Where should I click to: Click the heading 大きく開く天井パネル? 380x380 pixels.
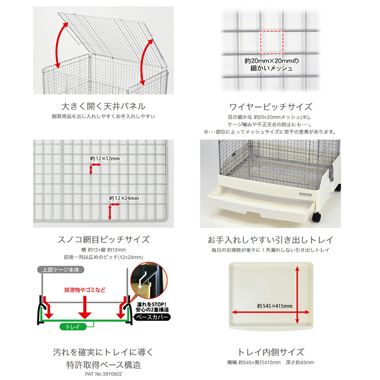(x=103, y=106)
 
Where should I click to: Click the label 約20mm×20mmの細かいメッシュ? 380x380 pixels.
(x=271, y=65)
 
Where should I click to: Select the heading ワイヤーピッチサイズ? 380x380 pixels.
(x=271, y=107)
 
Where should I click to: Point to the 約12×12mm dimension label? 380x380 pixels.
(x=105, y=158)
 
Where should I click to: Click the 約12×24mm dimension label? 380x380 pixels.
(x=124, y=198)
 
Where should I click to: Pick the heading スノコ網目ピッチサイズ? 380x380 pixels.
(x=103, y=240)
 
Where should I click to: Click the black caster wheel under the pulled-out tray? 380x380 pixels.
(x=317, y=217)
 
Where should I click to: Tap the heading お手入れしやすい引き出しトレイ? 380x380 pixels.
(x=271, y=240)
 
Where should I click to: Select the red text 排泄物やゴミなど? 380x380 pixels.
(x=85, y=290)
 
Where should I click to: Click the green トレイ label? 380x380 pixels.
(x=73, y=327)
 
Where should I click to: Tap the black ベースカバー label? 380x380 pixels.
(x=152, y=317)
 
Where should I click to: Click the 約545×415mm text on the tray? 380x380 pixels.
(x=275, y=306)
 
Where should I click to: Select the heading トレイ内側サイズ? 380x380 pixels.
(x=271, y=352)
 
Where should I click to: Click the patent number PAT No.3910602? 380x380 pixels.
(x=103, y=374)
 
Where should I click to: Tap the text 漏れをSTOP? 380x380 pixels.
(x=152, y=304)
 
